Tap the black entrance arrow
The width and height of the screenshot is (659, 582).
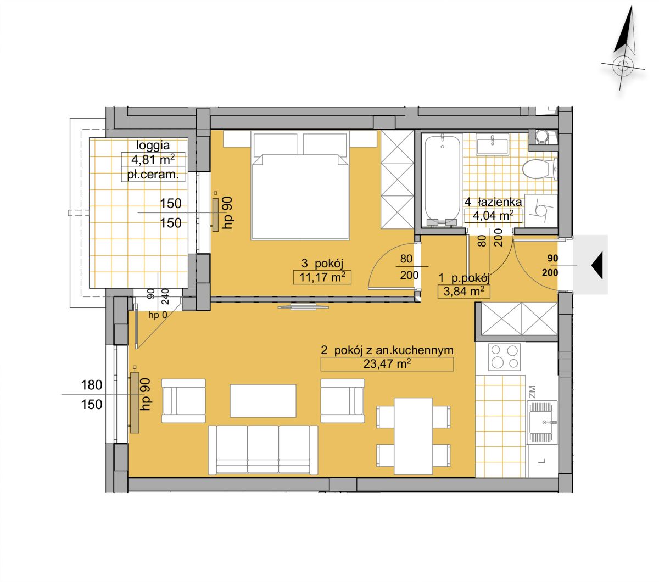tap(597, 265)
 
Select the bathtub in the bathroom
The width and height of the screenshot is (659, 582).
tap(442, 181)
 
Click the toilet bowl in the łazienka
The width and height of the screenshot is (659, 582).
tap(539, 169)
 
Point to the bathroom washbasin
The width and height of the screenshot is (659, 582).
tap(493, 144)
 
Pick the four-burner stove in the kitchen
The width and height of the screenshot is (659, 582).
tap(504, 356)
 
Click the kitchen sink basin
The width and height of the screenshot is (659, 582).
tap(542, 422)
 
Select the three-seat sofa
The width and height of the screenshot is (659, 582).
tap(263, 450)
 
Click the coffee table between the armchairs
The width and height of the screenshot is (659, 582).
tap(263, 400)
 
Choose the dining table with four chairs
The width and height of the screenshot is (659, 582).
tap(413, 436)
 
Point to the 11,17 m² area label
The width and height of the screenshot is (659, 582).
tap(322, 277)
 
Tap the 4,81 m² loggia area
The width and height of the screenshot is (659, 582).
tap(153, 160)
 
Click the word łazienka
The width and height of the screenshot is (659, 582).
tap(500, 202)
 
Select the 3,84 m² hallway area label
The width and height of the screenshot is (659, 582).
tap(466, 291)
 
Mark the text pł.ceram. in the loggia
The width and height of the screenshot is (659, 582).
tap(153, 175)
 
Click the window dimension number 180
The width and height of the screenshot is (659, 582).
tap(91, 385)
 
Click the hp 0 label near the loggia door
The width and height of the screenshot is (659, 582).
tap(158, 315)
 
